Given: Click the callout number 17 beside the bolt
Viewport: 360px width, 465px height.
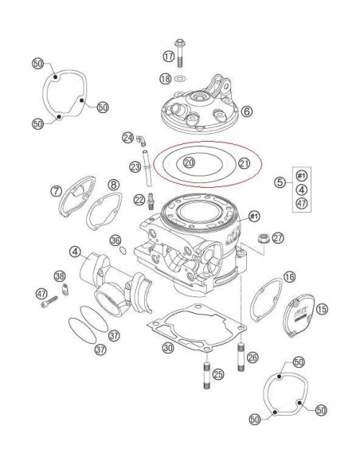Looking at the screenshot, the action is [x=169, y=56].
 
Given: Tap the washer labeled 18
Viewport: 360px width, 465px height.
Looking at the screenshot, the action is [x=180, y=79].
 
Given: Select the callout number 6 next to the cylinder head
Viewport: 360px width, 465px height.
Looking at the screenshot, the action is [x=247, y=111].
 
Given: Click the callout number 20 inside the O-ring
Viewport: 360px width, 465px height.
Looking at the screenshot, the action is [x=190, y=162].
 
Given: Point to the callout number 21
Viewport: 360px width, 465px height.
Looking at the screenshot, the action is [x=244, y=163].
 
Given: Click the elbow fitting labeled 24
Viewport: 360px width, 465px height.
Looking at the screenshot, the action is [x=142, y=141].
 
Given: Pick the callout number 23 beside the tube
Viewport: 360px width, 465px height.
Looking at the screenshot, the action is [x=135, y=167].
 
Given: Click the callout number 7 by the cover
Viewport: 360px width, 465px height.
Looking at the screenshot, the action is [x=57, y=191].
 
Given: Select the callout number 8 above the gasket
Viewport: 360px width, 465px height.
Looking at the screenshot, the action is [x=113, y=185].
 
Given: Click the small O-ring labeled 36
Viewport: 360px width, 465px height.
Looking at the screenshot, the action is [x=123, y=251].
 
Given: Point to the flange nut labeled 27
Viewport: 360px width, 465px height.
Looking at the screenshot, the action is [x=263, y=238].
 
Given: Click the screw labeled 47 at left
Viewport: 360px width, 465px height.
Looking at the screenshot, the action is [x=49, y=303].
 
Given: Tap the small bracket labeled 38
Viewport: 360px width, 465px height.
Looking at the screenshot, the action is [x=65, y=290].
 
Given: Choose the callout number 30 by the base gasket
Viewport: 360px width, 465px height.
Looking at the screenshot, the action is [x=168, y=347].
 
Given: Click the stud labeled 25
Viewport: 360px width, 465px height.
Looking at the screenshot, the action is [x=207, y=377].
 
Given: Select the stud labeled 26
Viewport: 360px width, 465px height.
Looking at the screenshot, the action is [x=241, y=357].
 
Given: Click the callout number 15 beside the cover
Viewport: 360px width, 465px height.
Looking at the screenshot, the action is [x=322, y=309].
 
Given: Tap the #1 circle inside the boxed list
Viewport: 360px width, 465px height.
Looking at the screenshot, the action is [x=302, y=176].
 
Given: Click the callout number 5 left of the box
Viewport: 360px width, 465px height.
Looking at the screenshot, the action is [x=280, y=182].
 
